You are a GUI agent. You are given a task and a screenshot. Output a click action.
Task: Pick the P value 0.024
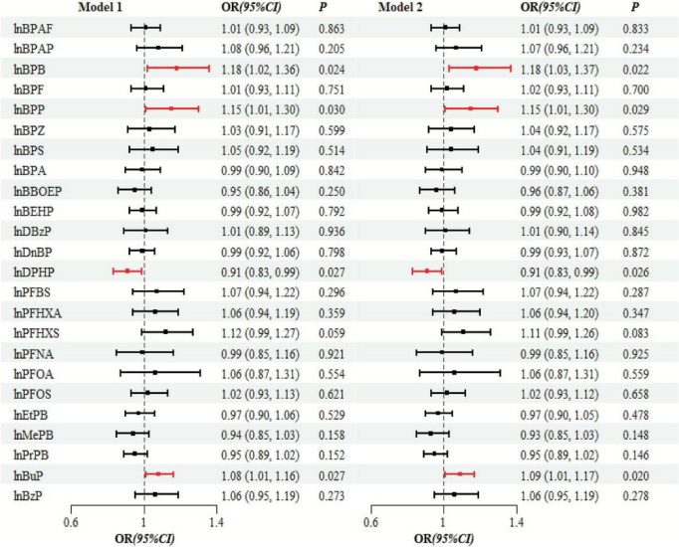(332, 68)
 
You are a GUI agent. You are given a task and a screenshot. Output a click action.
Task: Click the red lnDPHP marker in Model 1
(127, 271)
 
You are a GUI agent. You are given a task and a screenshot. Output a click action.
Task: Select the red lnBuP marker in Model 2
(459, 474)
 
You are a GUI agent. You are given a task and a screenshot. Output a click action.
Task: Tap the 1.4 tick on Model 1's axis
(216, 520)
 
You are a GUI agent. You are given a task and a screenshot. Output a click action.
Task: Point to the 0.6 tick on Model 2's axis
(371, 520)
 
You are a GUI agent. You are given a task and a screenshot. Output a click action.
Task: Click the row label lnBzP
(31, 494)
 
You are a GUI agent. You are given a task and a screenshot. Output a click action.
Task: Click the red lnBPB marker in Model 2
(476, 68)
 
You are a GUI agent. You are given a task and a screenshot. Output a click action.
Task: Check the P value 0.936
(332, 230)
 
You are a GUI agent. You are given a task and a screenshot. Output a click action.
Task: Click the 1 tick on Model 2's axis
(444, 520)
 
